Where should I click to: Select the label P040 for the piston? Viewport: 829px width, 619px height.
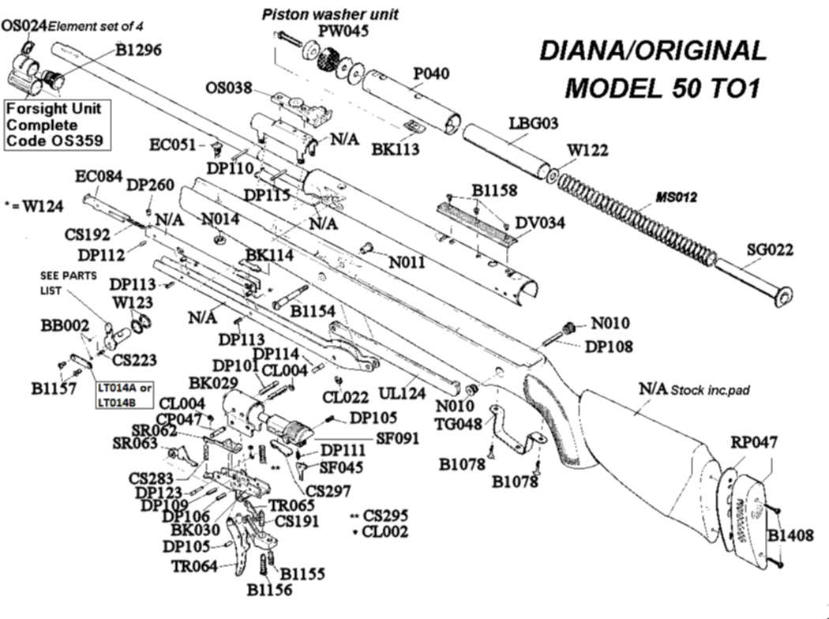click(x=431, y=73)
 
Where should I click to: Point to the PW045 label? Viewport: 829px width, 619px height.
click(x=343, y=32)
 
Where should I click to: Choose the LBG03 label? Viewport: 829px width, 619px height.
click(x=534, y=123)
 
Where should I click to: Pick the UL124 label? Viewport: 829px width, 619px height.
click(x=403, y=392)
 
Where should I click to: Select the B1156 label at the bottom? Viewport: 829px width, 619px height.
click(x=268, y=590)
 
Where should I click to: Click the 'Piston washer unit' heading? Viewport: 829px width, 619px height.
click(x=330, y=13)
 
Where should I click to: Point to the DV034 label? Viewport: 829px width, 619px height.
click(x=540, y=223)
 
